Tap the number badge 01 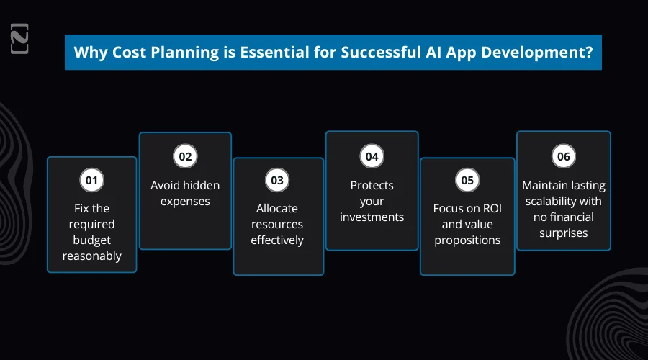(91, 181)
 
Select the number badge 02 (185, 156)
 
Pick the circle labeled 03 (277, 181)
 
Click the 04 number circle (372, 156)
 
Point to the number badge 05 (467, 181)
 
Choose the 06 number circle (563, 156)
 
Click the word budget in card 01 (91, 240)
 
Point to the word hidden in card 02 (201, 185)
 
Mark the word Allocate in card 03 (278, 208)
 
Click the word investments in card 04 (372, 217)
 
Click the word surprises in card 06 (563, 233)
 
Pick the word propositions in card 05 (467, 240)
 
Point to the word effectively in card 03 (277, 240)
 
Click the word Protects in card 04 (372, 185)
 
